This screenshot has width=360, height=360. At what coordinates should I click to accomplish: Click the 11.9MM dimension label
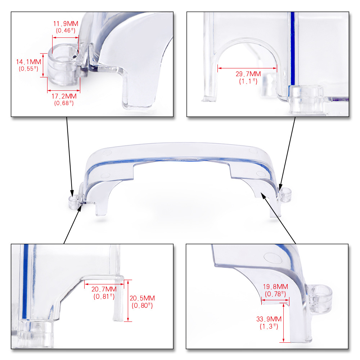coord(66,24)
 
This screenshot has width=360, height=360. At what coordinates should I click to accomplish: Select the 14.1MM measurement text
coord(28,62)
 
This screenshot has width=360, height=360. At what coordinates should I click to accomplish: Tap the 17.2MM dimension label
coord(64,96)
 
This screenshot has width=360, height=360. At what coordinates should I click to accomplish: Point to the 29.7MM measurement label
coord(248,74)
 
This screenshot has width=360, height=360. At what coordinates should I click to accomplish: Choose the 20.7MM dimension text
coord(104,289)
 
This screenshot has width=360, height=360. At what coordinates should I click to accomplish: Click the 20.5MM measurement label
coord(142,298)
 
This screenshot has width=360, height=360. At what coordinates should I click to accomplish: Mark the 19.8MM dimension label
coord(275,287)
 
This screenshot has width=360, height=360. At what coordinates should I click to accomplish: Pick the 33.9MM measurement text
coord(269,319)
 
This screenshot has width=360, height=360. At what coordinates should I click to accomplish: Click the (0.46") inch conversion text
coord(66,31)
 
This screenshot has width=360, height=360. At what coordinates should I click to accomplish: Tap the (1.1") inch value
coord(248,81)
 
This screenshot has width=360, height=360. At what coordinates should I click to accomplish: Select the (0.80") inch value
coord(142,306)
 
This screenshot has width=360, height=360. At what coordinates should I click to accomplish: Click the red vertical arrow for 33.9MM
coord(284,323)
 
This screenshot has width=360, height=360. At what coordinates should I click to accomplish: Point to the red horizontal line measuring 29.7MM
coord(247,68)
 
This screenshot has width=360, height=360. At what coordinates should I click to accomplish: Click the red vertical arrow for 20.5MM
coord(128,301)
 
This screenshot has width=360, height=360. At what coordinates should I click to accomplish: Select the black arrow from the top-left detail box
coord(69,157)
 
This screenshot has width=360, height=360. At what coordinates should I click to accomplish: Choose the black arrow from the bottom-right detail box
coord(278,218)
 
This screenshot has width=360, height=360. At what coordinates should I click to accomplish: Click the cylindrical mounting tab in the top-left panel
coord(64,65)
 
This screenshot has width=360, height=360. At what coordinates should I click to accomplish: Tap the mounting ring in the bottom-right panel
coord(320,299)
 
